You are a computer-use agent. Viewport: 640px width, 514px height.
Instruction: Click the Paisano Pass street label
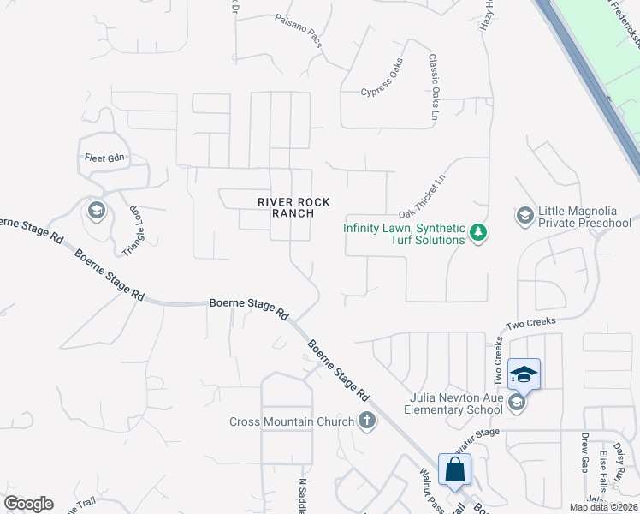pyautogui.click(x=299, y=29)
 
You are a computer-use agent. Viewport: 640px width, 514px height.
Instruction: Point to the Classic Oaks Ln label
pyautogui.click(x=434, y=87)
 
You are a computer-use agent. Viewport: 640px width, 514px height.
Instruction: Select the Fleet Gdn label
pyautogui.click(x=104, y=158)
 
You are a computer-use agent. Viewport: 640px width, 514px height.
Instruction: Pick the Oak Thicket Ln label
pyautogui.click(x=423, y=197)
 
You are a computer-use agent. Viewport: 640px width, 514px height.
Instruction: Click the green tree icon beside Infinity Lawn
pyautogui.click(x=479, y=232)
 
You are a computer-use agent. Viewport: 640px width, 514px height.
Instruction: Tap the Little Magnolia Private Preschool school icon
pyautogui.click(x=524, y=213)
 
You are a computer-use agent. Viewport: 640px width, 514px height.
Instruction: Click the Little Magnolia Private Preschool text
pyautogui.click(x=584, y=218)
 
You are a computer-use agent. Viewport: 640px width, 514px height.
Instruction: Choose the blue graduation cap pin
pyautogui.click(x=524, y=374)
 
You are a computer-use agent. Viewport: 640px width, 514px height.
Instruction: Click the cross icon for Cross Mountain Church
pyautogui.click(x=367, y=420)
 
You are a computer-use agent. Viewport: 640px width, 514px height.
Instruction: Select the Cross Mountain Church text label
pyautogui.click(x=291, y=421)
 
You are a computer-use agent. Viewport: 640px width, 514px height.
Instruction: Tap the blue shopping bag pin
pyautogui.click(x=455, y=469)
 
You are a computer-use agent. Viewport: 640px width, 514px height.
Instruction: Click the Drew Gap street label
pyautogui.click(x=585, y=452)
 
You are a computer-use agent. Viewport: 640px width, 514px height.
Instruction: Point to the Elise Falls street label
pyautogui.click(x=603, y=465)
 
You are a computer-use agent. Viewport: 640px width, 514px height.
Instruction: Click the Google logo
pyautogui.click(x=29, y=504)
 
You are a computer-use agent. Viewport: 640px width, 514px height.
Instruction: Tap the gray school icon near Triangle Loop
pyautogui.click(x=97, y=210)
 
